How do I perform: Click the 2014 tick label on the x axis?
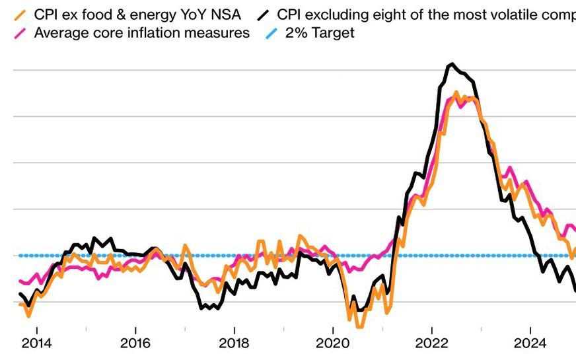pos(36,343)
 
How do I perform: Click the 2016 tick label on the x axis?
pos(135,343)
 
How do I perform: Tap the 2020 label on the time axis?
pos(332,343)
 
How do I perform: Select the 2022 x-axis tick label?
pos(431,343)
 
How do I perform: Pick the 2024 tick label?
pos(530,343)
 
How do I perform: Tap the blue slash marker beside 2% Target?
pos(271,32)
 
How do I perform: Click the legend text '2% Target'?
pos(320,32)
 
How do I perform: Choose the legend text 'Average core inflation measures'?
pos(141,32)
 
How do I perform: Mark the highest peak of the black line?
pos(452,64)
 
